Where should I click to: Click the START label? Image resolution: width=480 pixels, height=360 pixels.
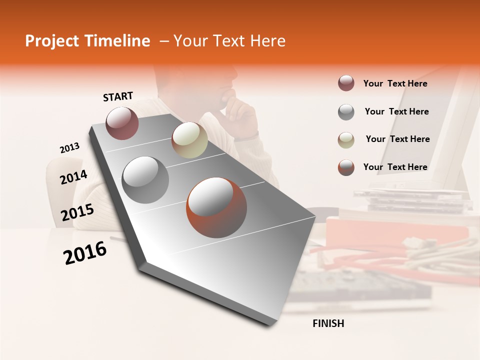tap(118, 96)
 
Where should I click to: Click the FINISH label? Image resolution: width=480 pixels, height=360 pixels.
tap(328, 323)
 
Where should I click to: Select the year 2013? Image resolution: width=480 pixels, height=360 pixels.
tap(69, 148)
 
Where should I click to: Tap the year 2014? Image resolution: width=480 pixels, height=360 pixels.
tap(73, 177)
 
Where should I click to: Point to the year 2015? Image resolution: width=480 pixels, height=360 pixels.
tap(77, 212)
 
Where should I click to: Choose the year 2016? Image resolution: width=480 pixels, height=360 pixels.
tap(85, 253)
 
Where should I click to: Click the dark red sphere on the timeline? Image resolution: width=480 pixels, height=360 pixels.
tap(122, 123)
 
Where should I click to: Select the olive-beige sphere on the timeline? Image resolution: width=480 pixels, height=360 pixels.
tap(189, 140)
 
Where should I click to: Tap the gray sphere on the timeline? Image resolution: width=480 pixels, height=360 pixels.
tap(145, 179)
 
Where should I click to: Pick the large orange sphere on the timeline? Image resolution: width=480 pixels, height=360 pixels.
tap(216, 207)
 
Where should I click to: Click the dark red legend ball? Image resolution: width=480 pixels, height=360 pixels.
tap(346, 83)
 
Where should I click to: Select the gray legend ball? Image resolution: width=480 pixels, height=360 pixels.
tap(346, 112)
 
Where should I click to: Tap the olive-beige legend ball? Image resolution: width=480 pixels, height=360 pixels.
tap(346, 139)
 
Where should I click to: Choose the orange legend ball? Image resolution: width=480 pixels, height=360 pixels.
tap(346, 167)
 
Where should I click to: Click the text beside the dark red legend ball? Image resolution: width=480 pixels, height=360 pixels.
tap(395, 83)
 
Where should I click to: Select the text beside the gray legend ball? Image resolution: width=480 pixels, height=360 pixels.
tap(396, 111)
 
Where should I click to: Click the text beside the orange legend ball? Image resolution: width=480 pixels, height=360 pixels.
tap(395, 167)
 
